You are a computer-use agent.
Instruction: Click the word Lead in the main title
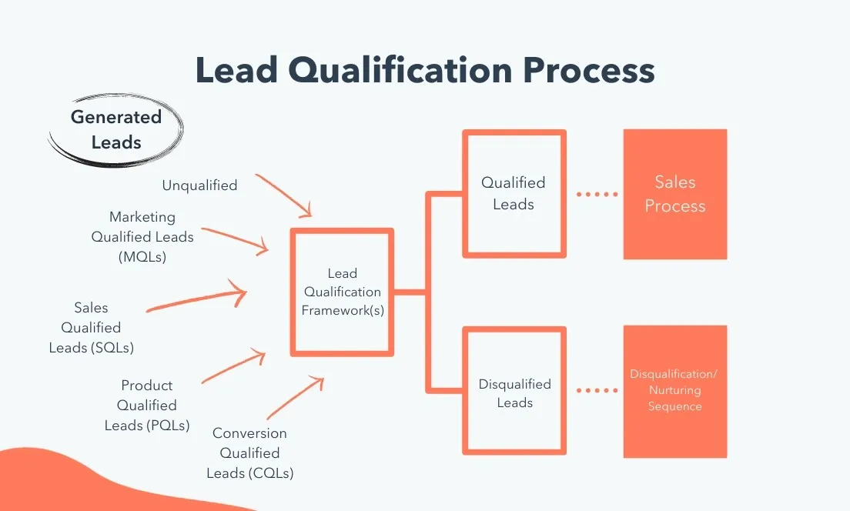236,70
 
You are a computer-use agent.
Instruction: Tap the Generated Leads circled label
116,129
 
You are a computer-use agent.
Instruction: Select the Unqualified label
199,185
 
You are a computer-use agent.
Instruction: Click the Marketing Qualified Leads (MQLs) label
142,237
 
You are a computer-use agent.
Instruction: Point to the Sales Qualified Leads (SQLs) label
92,328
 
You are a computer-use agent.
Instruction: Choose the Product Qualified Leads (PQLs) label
147,405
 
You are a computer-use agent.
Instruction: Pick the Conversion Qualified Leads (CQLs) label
249,453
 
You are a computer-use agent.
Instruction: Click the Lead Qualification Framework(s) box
343,292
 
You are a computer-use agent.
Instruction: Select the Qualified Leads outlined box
514,193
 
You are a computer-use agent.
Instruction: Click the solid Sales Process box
675,194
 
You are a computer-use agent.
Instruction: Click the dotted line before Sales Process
597,194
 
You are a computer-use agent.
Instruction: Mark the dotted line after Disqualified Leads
597,391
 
